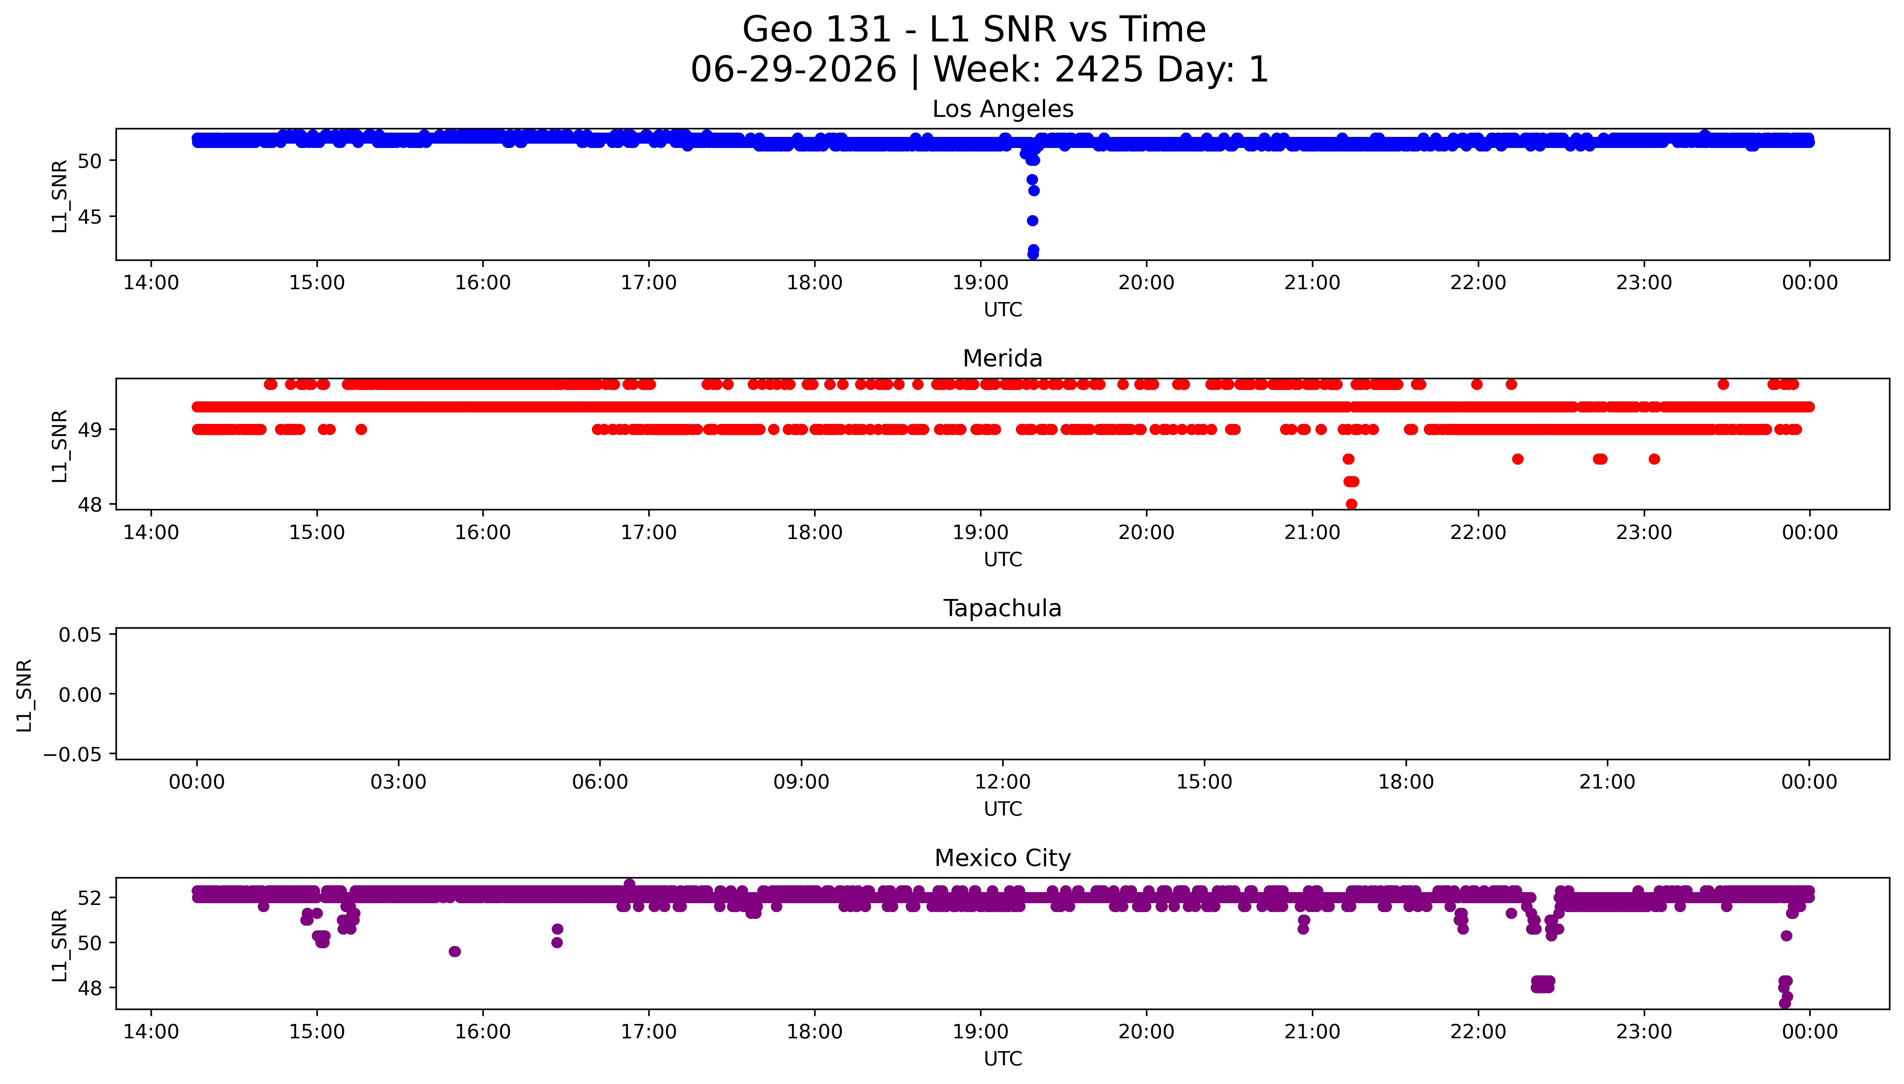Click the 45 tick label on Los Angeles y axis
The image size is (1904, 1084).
tap(89, 217)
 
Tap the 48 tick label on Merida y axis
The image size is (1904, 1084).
tap(89, 505)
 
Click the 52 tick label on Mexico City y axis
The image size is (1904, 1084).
tap(89, 898)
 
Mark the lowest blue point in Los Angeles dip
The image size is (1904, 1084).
tap(1033, 254)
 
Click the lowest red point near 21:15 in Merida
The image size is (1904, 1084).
tap(1352, 504)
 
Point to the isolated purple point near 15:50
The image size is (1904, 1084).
tap(455, 951)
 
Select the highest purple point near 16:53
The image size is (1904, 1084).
tap(629, 884)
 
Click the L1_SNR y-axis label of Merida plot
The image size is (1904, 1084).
tap(60, 446)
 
